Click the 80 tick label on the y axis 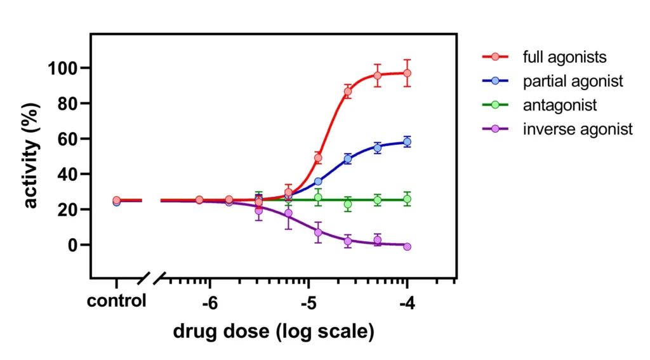67,103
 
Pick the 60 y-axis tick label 67,139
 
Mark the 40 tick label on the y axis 67,174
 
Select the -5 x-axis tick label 308,303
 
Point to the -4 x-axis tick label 406,303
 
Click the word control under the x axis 117,300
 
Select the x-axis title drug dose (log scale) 274,331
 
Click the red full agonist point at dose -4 407,73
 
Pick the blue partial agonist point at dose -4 407,142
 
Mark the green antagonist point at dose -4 407,199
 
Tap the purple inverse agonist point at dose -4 407,246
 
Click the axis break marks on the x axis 152,277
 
